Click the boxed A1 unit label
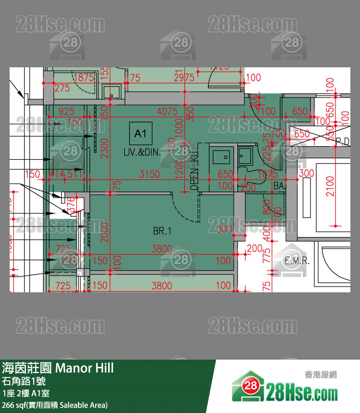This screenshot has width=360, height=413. pyautogui.click(x=141, y=133)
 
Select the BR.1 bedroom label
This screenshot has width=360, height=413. pyautogui.click(x=162, y=231)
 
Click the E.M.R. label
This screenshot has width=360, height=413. pyautogui.click(x=297, y=262)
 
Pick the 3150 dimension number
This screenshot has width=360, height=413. pyautogui.click(x=149, y=174)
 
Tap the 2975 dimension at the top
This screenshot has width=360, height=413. pyautogui.click(x=184, y=77)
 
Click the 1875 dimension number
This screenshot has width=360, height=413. pyautogui.click(x=84, y=77)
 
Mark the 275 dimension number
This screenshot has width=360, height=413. pyautogui.click(x=62, y=88)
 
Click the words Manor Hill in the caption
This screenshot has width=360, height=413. pyautogui.click(x=85, y=368)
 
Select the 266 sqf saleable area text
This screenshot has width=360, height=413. pyautogui.click(x=55, y=405)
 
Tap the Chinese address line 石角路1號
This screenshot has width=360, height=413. pyautogui.click(x=24, y=382)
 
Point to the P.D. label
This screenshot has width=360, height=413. pyautogui.click(x=343, y=141)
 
